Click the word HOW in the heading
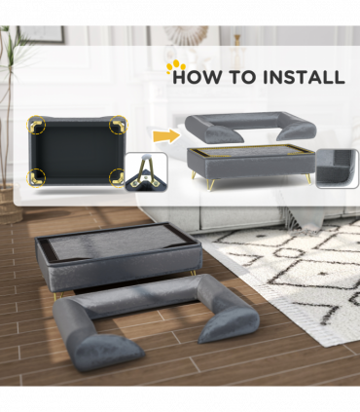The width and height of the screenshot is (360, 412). tap(198, 77)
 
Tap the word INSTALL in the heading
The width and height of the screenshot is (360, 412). tap(304, 77)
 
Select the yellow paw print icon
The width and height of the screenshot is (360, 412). tap(175, 66)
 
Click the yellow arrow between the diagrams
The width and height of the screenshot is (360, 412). tap(166, 136)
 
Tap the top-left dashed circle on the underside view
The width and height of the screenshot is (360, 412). tap(36, 125)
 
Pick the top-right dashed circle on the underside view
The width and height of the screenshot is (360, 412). tap(119, 125)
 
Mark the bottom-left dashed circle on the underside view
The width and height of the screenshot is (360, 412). tap(36, 178)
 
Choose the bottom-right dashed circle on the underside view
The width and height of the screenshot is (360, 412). tap(118, 178)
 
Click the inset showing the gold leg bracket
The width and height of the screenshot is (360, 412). tap(146, 172)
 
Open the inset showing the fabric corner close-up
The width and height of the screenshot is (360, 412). tap(338, 169)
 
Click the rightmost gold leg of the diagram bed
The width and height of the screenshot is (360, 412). tap(308, 178)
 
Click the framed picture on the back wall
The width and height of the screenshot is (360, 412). tap(42, 34)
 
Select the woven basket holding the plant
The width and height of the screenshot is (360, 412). tap(9, 205)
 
